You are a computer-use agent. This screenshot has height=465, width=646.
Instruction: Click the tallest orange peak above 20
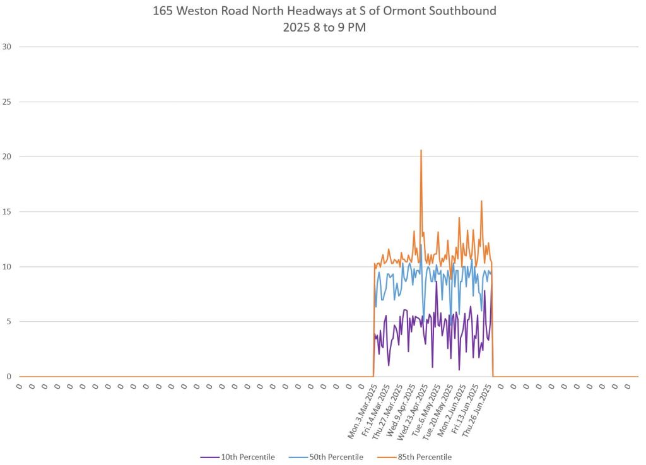point(421,151)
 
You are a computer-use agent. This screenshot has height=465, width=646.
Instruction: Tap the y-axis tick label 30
point(8,47)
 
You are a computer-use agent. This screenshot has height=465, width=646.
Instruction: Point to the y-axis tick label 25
point(8,102)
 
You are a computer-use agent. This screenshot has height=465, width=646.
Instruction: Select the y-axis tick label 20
point(8,156)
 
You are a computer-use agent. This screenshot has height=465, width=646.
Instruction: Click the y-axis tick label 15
point(8,211)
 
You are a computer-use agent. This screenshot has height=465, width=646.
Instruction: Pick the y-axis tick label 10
point(8,266)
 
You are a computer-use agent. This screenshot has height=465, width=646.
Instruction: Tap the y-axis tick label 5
point(9,321)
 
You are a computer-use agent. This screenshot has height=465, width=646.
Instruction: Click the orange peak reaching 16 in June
point(481,201)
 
